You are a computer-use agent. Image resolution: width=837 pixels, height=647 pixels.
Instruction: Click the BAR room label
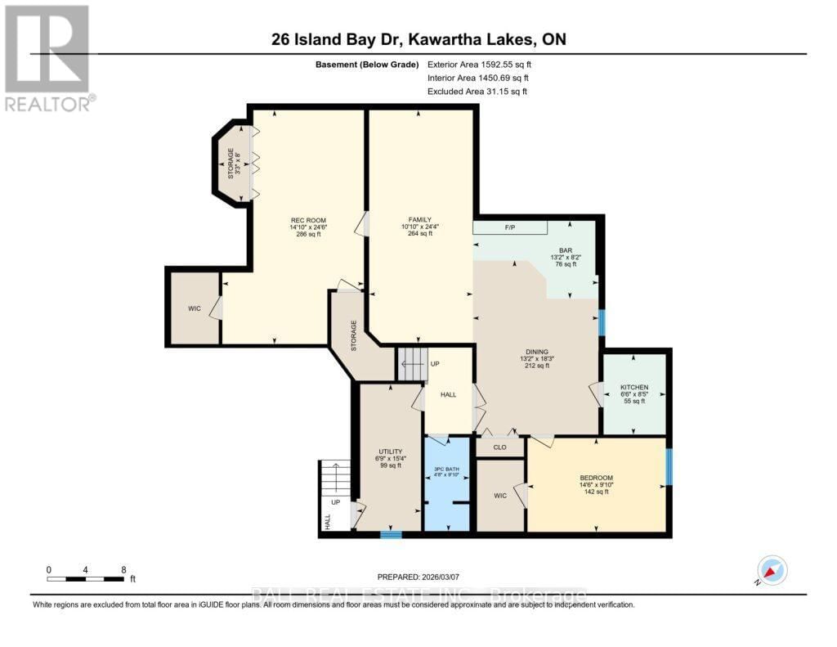click(x=564, y=251)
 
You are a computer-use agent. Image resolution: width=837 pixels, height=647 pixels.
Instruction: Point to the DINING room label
click(x=536, y=352)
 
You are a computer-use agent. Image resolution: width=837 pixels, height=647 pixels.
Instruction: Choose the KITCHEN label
click(x=634, y=387)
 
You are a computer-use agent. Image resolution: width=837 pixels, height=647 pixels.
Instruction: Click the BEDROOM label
click(x=596, y=478)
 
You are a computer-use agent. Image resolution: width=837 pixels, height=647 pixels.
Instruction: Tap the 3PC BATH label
click(x=446, y=470)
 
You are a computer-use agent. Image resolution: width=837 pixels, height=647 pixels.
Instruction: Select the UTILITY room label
click(x=390, y=452)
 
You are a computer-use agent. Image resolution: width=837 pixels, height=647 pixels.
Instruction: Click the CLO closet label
click(x=499, y=447)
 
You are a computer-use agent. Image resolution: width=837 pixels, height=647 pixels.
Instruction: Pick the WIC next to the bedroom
click(x=499, y=495)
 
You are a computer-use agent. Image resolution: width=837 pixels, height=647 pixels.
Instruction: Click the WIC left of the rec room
click(x=194, y=308)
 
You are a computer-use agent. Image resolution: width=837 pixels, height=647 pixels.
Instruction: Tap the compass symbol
click(x=772, y=570)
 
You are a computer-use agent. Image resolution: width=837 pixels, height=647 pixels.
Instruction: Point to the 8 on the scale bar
click(x=123, y=569)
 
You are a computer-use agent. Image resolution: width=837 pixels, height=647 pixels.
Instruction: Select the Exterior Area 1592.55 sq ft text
click(x=485, y=64)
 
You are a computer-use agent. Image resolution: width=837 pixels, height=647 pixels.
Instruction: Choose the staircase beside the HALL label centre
click(x=412, y=364)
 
